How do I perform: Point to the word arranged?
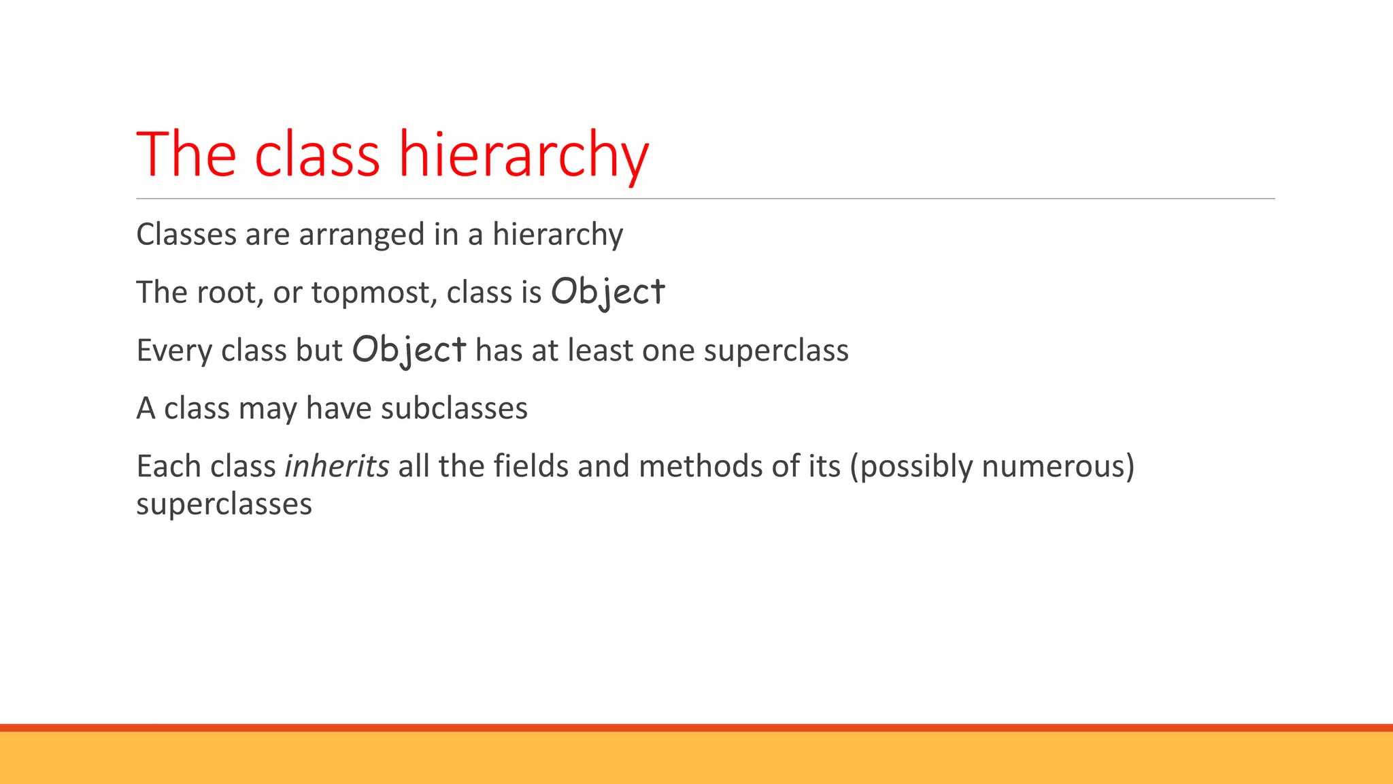point(361,235)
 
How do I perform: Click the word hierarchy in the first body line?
point(558,235)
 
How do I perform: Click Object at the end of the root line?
point(607,293)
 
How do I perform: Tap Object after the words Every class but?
point(409,350)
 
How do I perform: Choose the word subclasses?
point(454,408)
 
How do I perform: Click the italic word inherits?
point(337,466)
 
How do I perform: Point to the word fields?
point(531,466)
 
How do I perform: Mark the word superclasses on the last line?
point(224,504)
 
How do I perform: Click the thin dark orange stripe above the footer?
point(696,728)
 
